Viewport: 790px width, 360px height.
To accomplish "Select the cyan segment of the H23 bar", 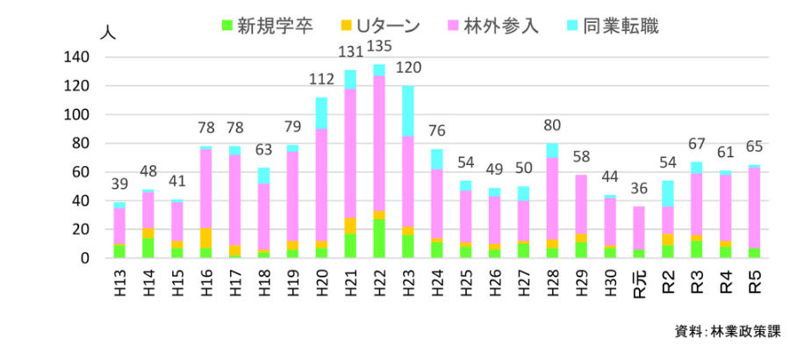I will point(407,111).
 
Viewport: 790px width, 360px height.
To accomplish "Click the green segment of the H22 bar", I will point(379,238).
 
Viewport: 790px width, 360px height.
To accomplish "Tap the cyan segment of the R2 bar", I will point(668,193).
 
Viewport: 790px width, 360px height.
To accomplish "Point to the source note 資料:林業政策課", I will point(725,331).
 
